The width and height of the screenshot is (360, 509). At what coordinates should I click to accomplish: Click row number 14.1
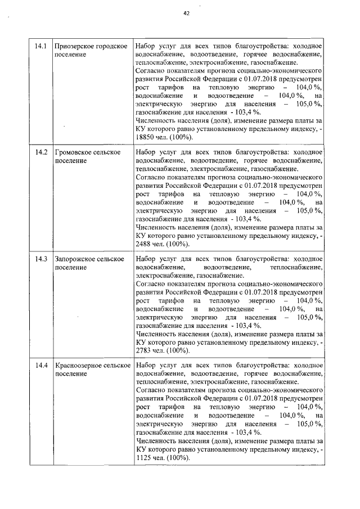(x=39, y=46)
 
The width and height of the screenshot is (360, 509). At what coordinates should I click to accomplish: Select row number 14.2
(x=39, y=152)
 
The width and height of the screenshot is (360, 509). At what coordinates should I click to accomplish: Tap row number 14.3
(x=39, y=259)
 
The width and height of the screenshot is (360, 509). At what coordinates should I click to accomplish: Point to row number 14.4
(x=39, y=366)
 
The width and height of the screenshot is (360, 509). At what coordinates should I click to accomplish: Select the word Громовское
(x=73, y=152)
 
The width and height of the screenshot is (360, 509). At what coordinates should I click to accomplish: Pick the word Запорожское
(x=74, y=259)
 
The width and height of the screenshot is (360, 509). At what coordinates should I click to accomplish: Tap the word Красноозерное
(x=79, y=366)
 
